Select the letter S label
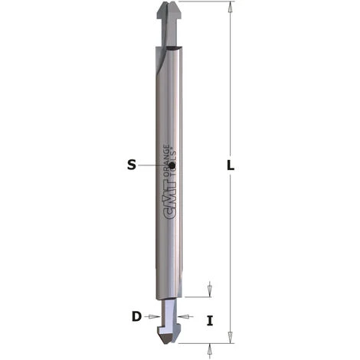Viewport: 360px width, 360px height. [x=131, y=163]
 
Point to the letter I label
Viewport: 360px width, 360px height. [x=209, y=321]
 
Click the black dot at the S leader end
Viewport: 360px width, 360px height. [x=172, y=165]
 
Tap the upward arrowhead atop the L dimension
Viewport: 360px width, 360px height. [x=229, y=7]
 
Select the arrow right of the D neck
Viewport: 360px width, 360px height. [x=188, y=316]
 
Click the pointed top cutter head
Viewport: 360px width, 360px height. [x=178, y=12]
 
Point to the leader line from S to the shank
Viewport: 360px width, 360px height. [x=154, y=165]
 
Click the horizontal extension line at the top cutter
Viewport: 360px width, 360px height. [x=207, y=2]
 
